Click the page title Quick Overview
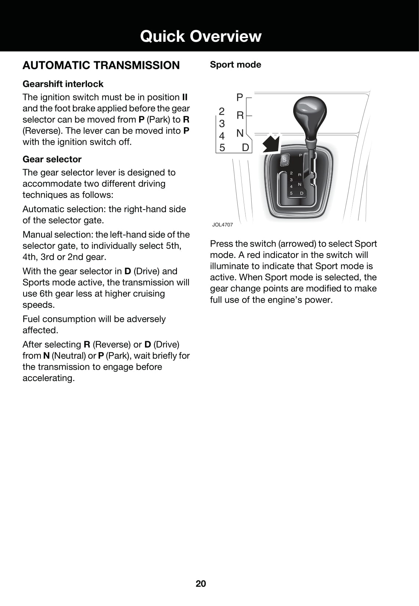(x=201, y=36)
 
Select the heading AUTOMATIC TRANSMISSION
(x=101, y=65)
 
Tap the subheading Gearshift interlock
(x=63, y=84)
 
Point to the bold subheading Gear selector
(x=52, y=159)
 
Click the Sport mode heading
(x=236, y=64)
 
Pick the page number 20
(x=201, y=584)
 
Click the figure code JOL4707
(x=222, y=225)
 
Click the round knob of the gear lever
(x=310, y=111)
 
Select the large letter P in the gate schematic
(x=240, y=97)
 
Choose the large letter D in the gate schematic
(x=245, y=148)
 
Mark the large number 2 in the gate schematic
(x=222, y=111)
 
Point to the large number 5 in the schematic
(x=222, y=148)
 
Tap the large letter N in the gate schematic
(x=240, y=133)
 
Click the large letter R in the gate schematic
(x=240, y=115)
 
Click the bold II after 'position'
(x=185, y=97)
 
